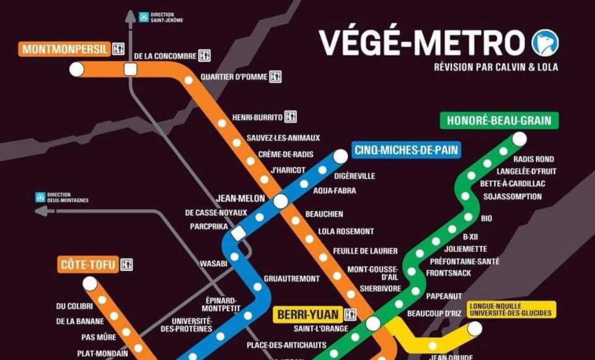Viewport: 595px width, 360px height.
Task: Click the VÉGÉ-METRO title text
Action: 422,43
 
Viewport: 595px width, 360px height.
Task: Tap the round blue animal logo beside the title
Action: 545,43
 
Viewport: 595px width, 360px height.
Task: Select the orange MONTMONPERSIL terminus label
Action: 65,49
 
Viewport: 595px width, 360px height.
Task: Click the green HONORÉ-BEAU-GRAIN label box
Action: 499,121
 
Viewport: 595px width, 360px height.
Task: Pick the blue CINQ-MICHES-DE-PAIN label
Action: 406,150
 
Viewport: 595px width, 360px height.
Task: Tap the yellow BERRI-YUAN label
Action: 308,314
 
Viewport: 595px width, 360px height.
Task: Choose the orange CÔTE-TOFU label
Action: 88,264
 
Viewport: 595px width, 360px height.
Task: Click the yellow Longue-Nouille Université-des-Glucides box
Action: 512,310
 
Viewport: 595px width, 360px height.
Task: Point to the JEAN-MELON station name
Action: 240,199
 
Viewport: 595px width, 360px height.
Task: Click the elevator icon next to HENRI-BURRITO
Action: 290,117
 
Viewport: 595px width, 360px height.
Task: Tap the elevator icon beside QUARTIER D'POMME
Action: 275,77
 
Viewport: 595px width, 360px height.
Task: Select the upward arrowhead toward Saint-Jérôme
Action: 130,16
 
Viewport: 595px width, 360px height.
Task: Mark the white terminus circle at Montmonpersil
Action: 77,69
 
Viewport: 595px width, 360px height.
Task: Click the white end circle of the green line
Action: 519,139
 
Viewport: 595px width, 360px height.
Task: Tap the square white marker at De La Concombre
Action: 130,69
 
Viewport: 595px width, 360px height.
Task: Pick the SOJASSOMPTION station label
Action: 512,196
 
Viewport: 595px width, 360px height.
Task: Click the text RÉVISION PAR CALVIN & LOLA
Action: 496,67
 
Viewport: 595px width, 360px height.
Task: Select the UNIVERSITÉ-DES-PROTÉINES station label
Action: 192,325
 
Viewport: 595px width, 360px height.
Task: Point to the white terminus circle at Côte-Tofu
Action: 90,284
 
